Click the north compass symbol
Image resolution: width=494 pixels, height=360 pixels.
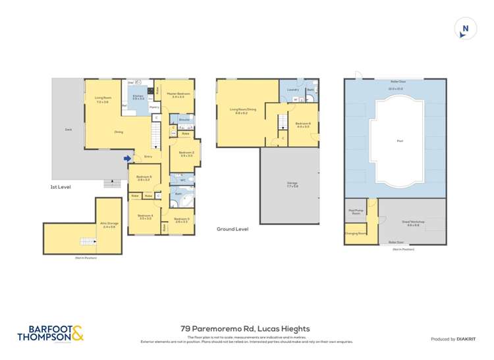point(465,28)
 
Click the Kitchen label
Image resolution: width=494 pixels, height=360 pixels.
point(138,97)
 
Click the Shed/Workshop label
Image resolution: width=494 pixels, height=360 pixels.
point(413,223)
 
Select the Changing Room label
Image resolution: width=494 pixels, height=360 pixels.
point(356,233)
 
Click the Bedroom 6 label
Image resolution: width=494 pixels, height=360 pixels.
point(303,125)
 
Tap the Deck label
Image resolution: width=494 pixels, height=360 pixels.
point(69,130)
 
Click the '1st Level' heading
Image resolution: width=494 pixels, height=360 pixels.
point(61,187)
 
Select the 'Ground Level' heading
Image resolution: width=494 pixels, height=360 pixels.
point(233,229)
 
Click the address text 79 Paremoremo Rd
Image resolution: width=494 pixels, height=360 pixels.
point(245,328)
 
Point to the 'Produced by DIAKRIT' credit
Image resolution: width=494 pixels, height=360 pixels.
point(453,339)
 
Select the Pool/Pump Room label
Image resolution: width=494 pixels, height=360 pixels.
point(356,212)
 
